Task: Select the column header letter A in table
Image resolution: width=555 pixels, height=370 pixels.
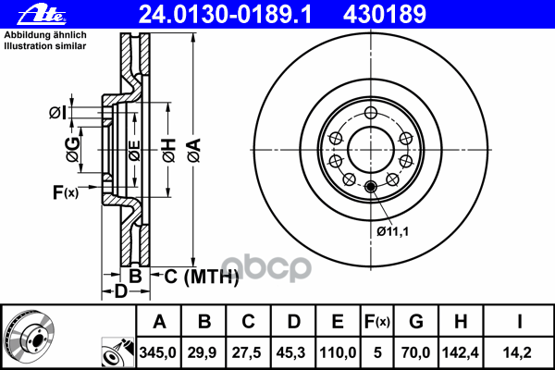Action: pos(159,323)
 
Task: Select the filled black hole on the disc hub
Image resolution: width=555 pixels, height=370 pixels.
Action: pos(372,188)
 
